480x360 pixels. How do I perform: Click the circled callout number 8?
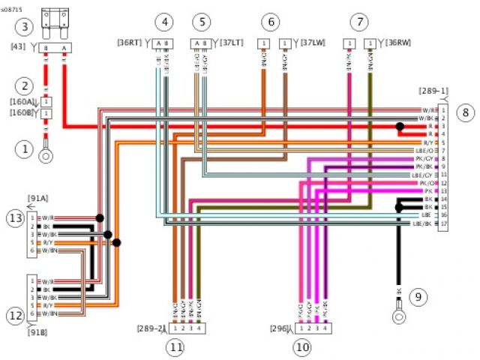point(466,113)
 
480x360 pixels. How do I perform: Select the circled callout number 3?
point(25,28)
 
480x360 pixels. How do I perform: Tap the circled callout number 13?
point(15,217)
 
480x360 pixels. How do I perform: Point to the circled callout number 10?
point(302,347)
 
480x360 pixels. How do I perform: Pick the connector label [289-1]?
point(433,91)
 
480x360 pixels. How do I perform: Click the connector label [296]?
point(281,328)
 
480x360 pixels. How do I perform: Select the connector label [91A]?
point(37,199)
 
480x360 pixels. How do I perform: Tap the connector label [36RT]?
point(133,42)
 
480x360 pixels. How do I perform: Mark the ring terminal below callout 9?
point(398,314)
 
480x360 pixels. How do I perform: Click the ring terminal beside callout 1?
point(46,156)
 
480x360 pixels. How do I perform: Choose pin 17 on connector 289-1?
point(444,223)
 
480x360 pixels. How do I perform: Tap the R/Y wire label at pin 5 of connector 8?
point(427,142)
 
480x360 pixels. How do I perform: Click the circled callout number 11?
point(175,347)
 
